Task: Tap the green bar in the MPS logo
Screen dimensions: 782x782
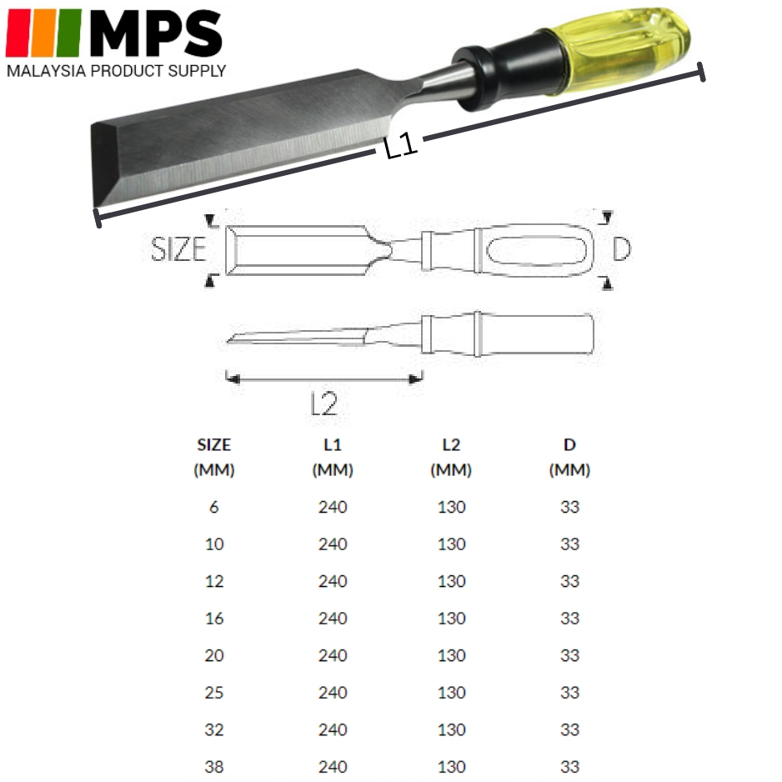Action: click(x=69, y=33)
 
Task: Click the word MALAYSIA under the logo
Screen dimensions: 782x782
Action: click(x=47, y=71)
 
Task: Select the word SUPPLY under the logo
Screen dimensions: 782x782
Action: click(x=197, y=71)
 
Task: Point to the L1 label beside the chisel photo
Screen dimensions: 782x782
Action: click(x=401, y=146)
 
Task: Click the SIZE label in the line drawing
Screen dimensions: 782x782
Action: click(x=178, y=249)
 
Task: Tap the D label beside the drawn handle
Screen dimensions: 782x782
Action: click(x=621, y=249)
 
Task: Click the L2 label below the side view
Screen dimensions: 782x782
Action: click(x=324, y=404)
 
